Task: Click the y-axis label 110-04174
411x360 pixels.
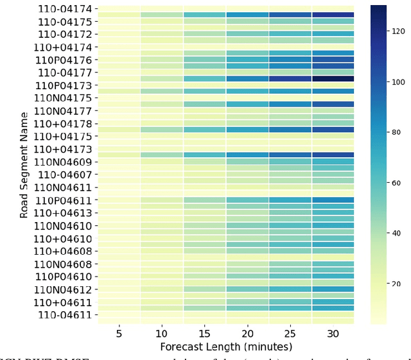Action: pyautogui.click(x=64, y=9)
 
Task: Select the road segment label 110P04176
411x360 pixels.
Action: pyautogui.click(x=64, y=60)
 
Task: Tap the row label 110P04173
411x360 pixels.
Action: pyautogui.click(x=64, y=85)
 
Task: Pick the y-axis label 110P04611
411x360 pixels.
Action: pyautogui.click(x=64, y=200)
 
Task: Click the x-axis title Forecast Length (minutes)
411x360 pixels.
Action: pyautogui.click(x=225, y=347)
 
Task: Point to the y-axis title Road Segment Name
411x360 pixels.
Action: pyautogui.click(x=24, y=165)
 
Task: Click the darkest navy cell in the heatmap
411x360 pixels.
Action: pyautogui.click(x=333, y=79)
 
